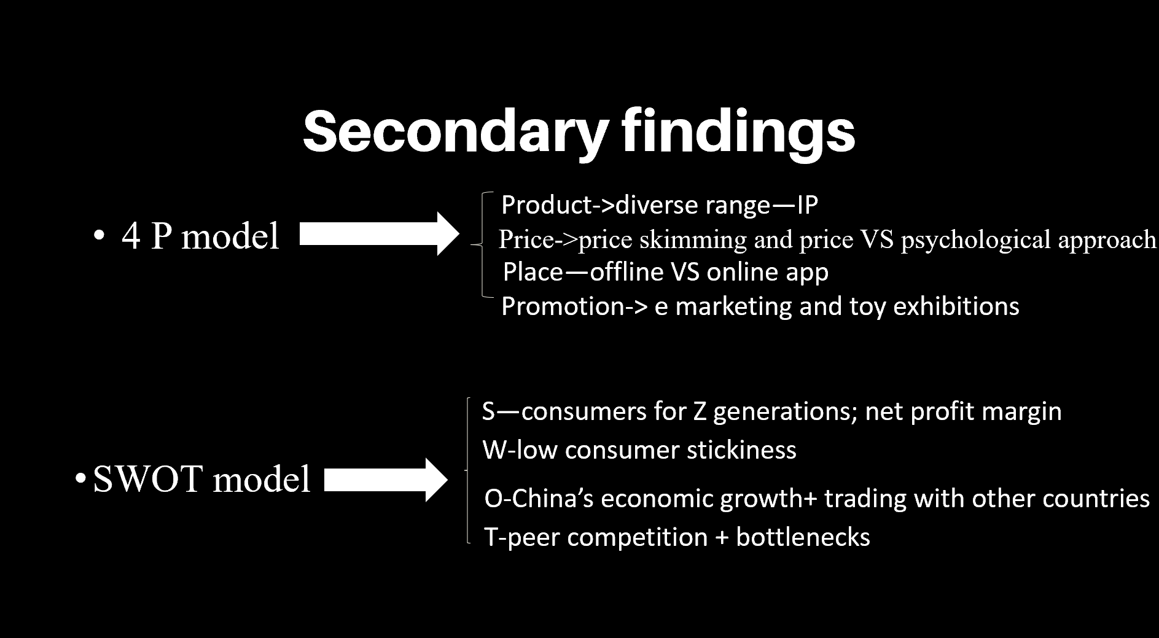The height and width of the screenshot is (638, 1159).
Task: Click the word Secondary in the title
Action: (455, 133)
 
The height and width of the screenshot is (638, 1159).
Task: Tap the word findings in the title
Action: (739, 133)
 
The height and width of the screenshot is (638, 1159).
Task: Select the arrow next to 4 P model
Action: (380, 233)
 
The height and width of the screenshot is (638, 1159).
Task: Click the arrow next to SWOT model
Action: (386, 480)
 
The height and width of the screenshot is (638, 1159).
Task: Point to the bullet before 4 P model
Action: (98, 236)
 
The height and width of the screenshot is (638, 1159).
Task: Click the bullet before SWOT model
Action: (80, 479)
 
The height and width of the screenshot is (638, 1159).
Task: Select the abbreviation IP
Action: (807, 205)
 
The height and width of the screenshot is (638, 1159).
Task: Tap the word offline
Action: (620, 271)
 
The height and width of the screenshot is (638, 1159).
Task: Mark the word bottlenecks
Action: (803, 537)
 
